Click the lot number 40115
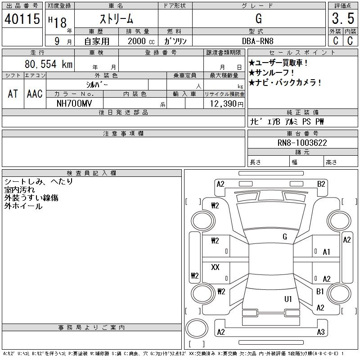point(22,19)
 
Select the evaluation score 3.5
point(342,19)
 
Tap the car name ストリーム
point(116,19)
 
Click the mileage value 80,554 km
point(48,64)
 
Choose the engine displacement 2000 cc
point(141,41)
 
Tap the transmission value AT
point(13,94)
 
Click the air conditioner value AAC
point(35,94)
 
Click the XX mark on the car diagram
point(215,267)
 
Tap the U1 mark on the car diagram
point(288,299)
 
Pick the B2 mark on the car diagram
point(321,184)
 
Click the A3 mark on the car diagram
point(320,332)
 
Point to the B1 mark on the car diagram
point(320,292)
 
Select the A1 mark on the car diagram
point(327,252)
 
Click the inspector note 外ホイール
point(23,206)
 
